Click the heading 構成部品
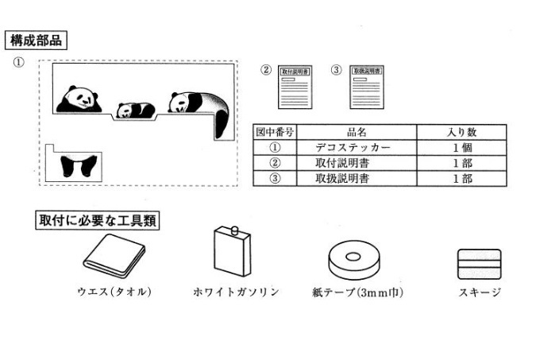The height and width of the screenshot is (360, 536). [x=34, y=39]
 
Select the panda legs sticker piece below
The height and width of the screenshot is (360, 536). [x=79, y=165]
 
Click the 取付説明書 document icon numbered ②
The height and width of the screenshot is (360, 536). [x=295, y=88]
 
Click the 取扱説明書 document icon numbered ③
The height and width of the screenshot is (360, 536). [x=366, y=88]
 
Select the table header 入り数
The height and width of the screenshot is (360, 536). [x=462, y=132]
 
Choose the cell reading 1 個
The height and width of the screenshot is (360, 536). [x=462, y=148]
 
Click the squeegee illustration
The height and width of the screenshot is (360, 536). [x=479, y=261]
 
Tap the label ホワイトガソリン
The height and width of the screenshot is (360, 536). [x=236, y=292]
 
